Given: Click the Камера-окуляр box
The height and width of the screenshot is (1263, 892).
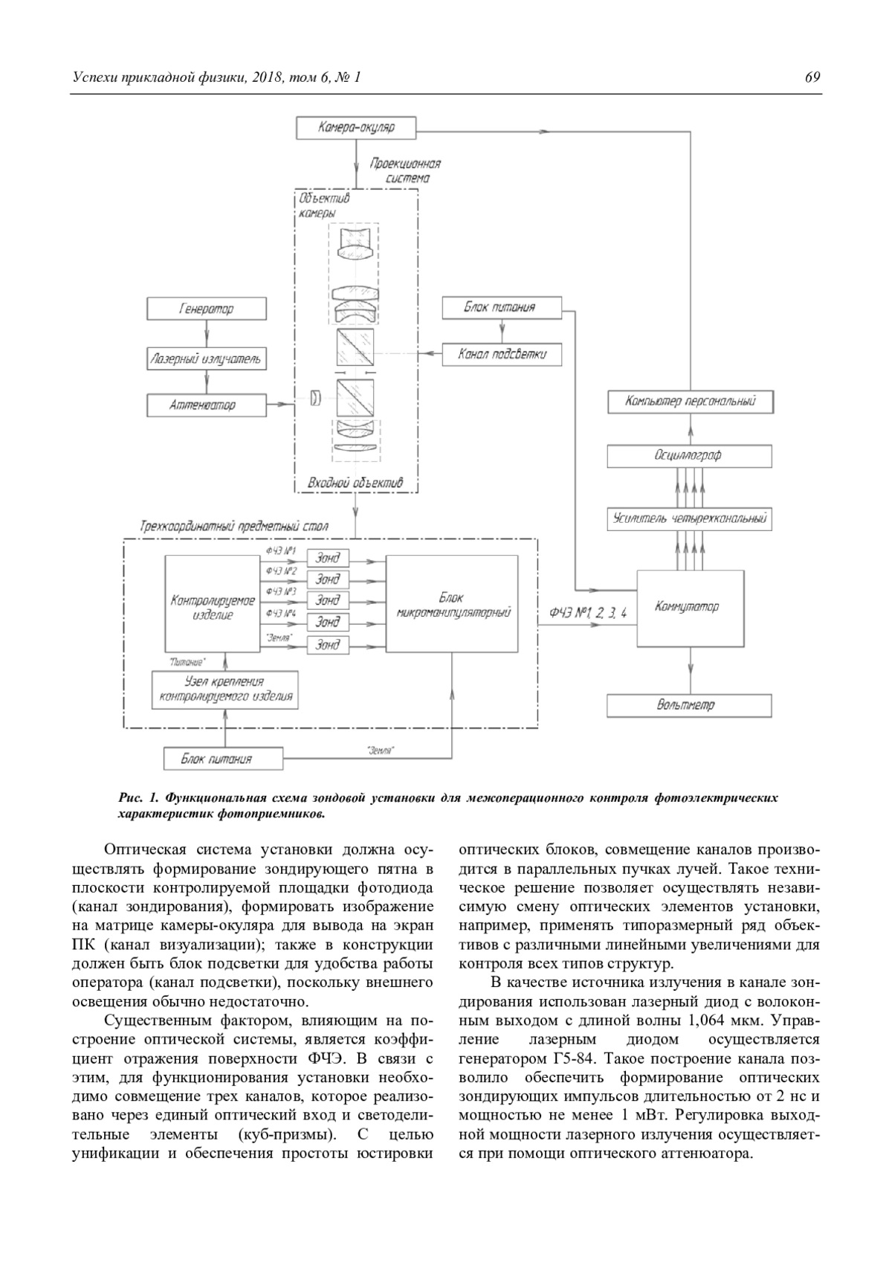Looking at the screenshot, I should (x=356, y=127).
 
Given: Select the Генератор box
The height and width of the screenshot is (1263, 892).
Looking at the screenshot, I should (x=206, y=309).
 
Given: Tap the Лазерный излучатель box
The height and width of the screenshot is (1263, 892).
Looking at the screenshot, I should (x=206, y=359).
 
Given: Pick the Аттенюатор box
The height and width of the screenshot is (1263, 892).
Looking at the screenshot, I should (x=206, y=405).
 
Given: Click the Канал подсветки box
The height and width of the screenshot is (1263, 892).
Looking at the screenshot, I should (x=502, y=354).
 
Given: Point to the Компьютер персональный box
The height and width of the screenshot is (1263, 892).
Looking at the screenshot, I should (x=690, y=402).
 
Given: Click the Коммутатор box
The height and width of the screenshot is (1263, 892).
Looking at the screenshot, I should (x=691, y=608).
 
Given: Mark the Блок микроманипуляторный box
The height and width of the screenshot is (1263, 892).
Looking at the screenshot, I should (x=453, y=604).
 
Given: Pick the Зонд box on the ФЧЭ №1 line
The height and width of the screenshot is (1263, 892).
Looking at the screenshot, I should (x=328, y=558).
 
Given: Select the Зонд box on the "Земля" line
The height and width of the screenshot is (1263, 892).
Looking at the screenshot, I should (x=328, y=644).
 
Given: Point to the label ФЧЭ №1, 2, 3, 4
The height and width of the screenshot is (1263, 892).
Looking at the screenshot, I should (x=588, y=613).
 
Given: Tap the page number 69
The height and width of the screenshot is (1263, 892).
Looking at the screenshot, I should (x=812, y=77).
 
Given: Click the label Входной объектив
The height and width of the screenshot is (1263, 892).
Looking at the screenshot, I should (x=355, y=483).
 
